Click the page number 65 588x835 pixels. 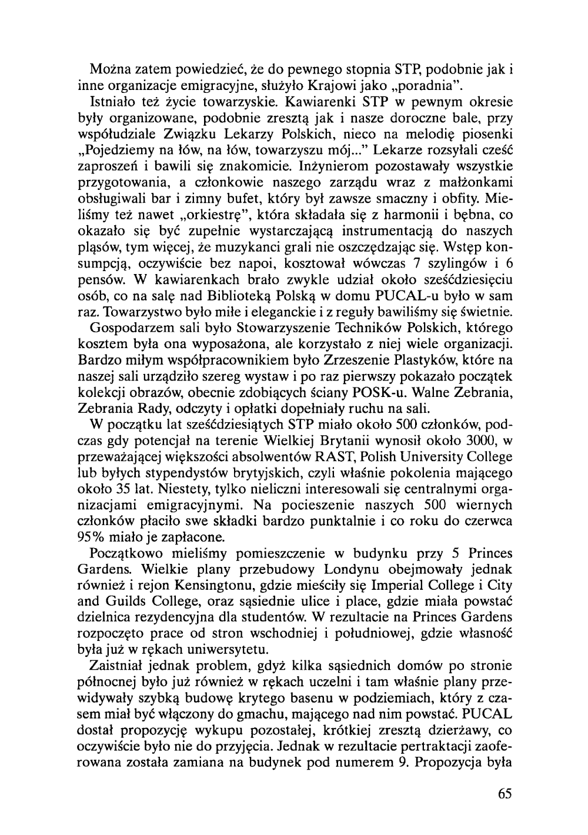click(x=504, y=794)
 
